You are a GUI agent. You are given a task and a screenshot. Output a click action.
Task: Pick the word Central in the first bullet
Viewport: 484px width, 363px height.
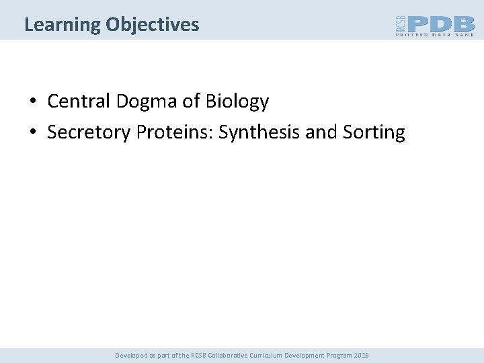[x=79, y=102]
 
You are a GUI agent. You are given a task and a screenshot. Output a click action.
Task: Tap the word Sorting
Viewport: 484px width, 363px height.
[x=374, y=133]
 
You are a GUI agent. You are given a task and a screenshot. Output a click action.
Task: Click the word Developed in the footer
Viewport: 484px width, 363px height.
[x=130, y=355]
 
